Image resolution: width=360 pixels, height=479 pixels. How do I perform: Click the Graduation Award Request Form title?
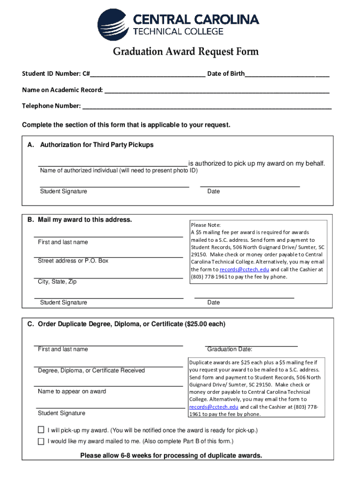tap(185, 51)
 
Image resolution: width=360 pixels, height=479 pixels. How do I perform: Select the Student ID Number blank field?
tap(148, 74)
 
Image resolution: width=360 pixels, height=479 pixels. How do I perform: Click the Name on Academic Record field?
tap(216, 90)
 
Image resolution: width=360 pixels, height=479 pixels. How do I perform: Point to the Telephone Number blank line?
tap(207, 106)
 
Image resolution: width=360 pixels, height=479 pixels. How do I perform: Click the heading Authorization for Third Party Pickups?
tap(97, 145)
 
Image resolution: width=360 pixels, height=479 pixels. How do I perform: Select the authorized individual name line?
tap(113, 163)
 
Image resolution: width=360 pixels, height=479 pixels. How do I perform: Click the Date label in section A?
tap(213, 191)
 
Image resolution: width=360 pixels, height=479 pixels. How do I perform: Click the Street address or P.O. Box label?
tap(73, 261)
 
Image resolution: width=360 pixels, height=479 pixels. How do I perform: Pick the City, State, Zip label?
tap(57, 282)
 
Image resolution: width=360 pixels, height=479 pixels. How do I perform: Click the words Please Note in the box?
tap(202, 225)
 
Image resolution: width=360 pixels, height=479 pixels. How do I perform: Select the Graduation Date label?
tap(230, 349)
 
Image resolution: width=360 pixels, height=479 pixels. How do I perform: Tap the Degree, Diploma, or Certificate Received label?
tap(91, 370)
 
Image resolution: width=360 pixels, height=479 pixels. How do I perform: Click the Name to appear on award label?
tap(72, 392)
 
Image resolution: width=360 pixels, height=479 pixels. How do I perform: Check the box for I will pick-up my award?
tap(41, 430)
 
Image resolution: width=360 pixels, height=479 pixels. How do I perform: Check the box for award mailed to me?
tap(41, 441)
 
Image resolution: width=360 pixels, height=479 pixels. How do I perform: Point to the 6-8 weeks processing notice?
tap(171, 456)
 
